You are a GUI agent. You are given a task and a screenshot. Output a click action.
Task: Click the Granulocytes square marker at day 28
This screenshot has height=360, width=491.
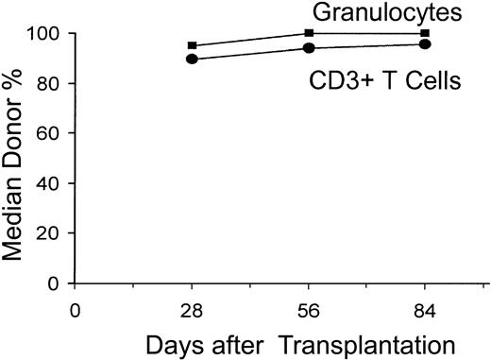(193, 45)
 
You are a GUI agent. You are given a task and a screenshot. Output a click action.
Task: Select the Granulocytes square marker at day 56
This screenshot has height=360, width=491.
(310, 33)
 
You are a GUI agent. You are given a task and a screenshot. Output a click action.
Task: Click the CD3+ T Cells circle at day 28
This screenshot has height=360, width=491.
(193, 59)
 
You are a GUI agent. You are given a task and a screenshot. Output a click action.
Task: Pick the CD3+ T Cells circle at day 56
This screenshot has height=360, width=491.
(310, 47)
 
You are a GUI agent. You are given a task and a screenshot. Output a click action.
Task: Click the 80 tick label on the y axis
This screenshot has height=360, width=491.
(51, 84)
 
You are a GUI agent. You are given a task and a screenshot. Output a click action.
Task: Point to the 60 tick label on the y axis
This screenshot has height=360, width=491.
(51, 133)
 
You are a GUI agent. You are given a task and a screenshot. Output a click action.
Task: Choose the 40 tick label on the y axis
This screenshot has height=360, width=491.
(51, 183)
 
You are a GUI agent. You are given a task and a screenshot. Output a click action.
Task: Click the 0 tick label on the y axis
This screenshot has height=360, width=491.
(57, 283)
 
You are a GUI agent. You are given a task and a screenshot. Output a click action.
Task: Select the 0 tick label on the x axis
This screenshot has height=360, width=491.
(76, 307)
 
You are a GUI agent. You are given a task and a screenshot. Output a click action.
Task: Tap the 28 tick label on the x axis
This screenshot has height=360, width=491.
(193, 307)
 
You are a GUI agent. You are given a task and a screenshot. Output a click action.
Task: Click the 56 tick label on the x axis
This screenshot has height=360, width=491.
(310, 307)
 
